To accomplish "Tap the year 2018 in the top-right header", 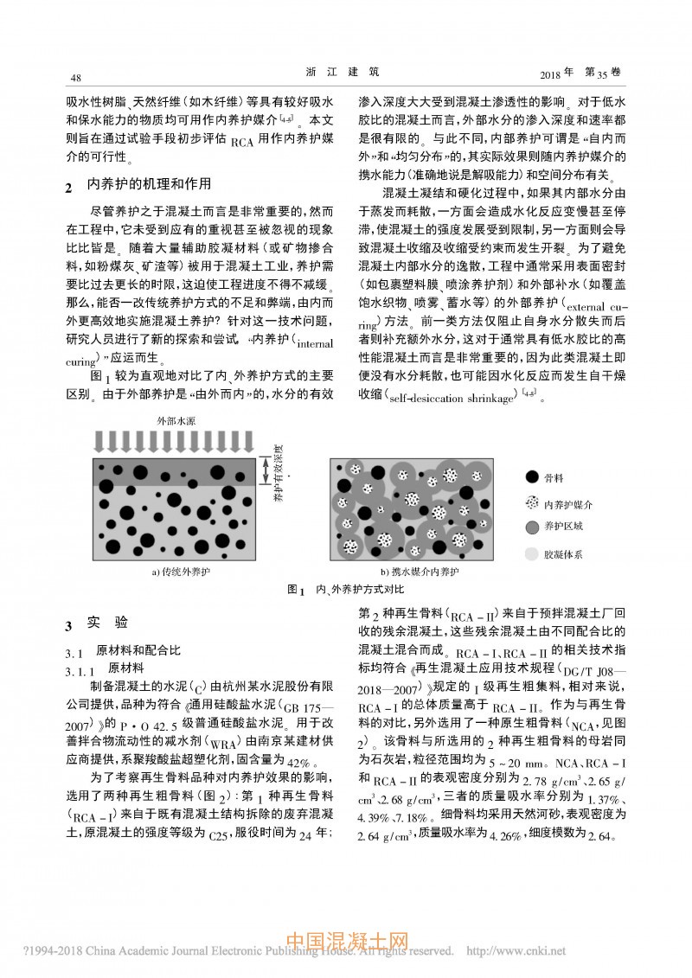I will point(555,74).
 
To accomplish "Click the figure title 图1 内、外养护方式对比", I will point(345,591).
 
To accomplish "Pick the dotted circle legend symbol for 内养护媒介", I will point(531,502).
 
